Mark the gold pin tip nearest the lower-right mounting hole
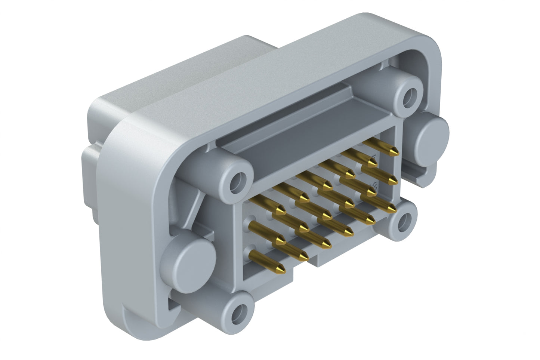tap(392, 208)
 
